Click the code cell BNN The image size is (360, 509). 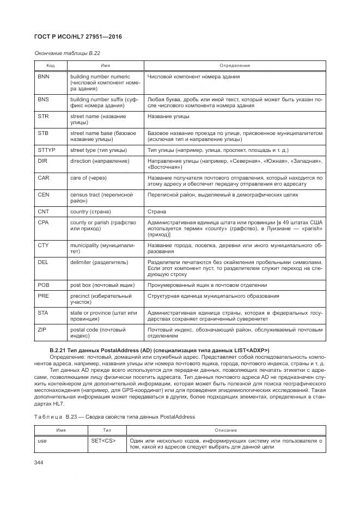pyautogui.click(x=44, y=77)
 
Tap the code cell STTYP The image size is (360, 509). pyautogui.click(x=46, y=150)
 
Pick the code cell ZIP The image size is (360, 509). pyautogui.click(x=42, y=330)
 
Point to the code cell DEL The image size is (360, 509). pyautogui.click(x=43, y=262)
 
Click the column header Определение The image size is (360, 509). pyautogui.click(x=235, y=65)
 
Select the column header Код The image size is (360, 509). pyautogui.click(x=50, y=65)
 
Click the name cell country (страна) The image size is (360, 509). pyautogui.click(x=90, y=211)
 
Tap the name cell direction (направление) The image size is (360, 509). pyautogui.click(x=100, y=161)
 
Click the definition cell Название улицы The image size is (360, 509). pyautogui.click(x=168, y=116)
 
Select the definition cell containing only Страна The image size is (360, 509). pyautogui.click(x=157, y=211)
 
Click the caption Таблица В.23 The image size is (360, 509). pyautogui.click(x=114, y=416)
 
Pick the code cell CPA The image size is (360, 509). pyautogui.click(x=44, y=223)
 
